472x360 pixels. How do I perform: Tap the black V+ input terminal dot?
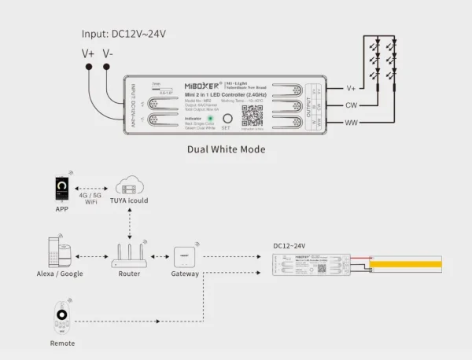click(x=88, y=68)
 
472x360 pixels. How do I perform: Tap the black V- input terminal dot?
click(x=108, y=68)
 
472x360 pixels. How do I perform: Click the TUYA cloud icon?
click(x=130, y=187)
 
